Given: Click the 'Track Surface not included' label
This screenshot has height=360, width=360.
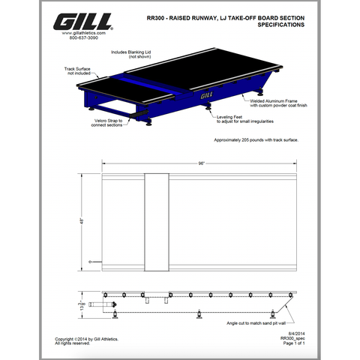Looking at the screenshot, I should pos(78,70).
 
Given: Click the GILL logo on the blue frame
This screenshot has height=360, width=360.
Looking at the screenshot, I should pos(208,95).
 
